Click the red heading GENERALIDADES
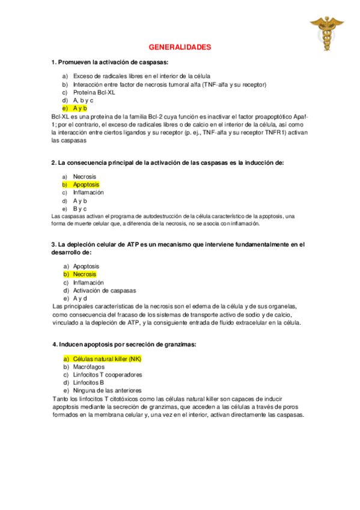point(180,47)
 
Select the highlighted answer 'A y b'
point(80,108)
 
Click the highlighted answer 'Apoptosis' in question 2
point(86,185)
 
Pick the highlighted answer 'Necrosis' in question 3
point(84,274)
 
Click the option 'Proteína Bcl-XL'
point(94,93)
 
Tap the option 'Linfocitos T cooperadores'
point(108,374)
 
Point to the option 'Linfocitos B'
point(89,382)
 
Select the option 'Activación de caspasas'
point(105,290)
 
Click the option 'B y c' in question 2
point(80,208)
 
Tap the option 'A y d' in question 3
point(80,298)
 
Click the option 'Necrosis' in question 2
point(84,177)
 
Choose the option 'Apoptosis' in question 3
point(86,266)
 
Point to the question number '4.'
point(55,344)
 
